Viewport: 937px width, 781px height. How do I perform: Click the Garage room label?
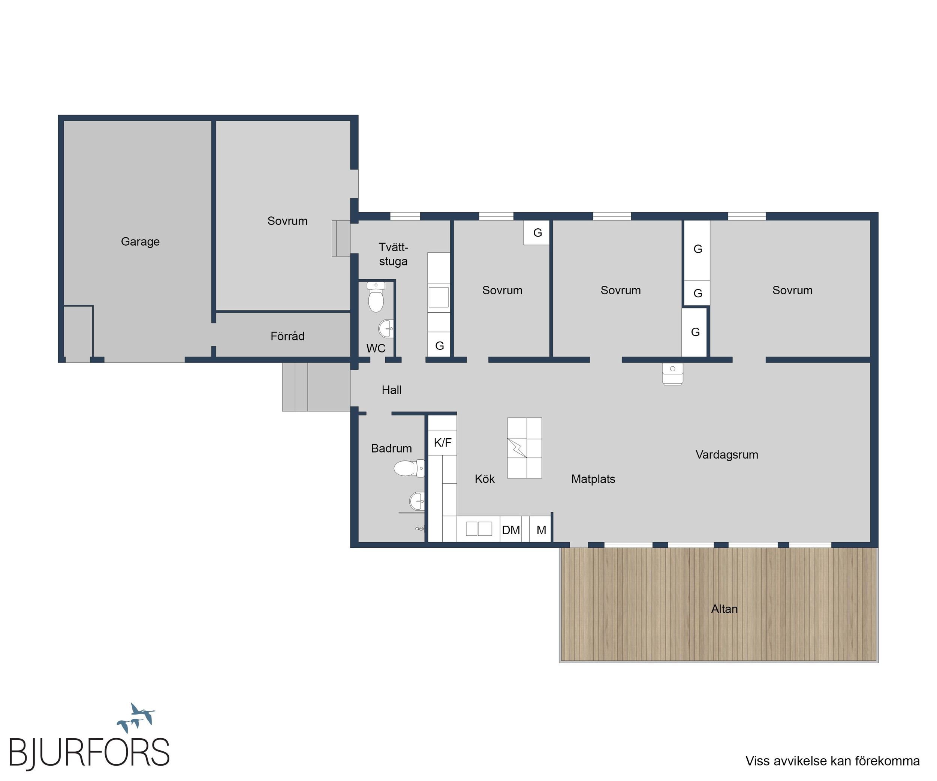pos(140,241)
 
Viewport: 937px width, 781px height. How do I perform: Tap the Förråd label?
pos(287,336)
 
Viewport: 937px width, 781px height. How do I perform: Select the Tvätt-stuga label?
pos(393,254)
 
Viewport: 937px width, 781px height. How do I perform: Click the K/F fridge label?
pos(443,442)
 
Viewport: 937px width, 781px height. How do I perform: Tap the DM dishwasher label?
pos(511,530)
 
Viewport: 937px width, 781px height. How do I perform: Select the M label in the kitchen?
pos(541,530)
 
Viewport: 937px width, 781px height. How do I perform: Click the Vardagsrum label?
pos(727,455)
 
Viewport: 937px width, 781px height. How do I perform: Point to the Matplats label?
pos(593,479)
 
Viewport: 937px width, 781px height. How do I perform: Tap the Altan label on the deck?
pos(724,609)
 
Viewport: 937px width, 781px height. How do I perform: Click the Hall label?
pos(391,390)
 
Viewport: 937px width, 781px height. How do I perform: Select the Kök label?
pos(485,479)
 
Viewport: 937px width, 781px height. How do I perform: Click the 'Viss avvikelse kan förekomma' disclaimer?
pos(832,761)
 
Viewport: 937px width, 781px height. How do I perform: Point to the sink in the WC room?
pos(386,329)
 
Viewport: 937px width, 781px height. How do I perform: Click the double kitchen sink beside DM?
pos(479,529)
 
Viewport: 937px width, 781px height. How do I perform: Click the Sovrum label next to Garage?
pos(287,221)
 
